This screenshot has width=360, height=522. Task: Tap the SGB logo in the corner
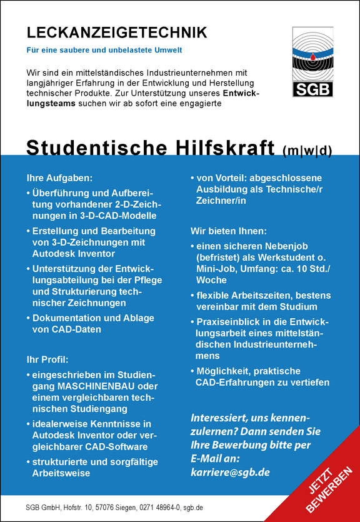(x=313, y=62)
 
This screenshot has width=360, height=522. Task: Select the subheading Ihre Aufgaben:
(x=60, y=178)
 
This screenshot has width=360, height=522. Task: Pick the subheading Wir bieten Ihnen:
(x=229, y=231)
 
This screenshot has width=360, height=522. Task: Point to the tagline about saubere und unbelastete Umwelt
(x=108, y=49)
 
